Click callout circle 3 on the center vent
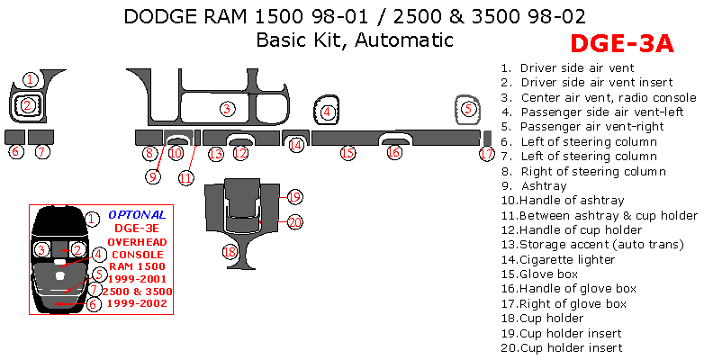click(x=228, y=108)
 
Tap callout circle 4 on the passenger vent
click(x=328, y=112)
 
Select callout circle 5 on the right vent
click(x=467, y=109)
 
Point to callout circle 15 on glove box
click(x=347, y=153)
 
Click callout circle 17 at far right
click(x=486, y=154)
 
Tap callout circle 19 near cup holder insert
click(x=293, y=196)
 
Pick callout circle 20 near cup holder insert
click(x=293, y=221)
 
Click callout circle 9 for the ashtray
click(x=153, y=176)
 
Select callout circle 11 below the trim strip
click(x=185, y=177)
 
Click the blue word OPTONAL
click(x=137, y=215)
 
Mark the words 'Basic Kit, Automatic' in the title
click(x=354, y=40)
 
